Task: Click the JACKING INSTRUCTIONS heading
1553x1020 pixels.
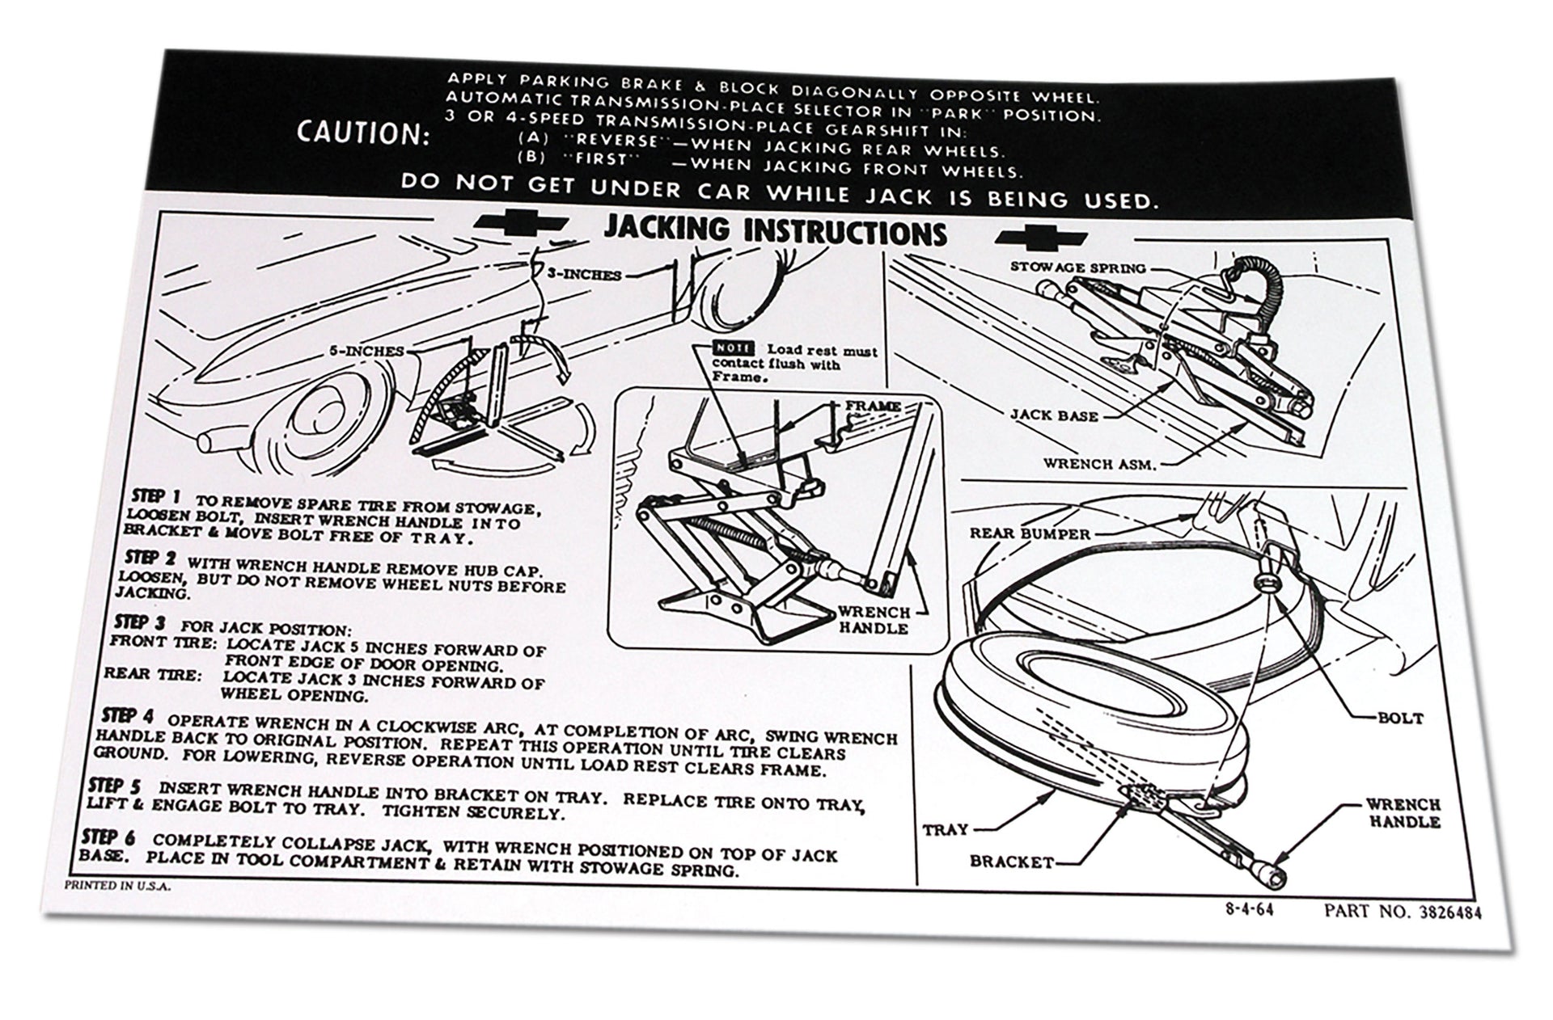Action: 775,232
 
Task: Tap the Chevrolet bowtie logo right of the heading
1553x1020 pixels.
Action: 1036,236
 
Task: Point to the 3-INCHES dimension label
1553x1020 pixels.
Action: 584,275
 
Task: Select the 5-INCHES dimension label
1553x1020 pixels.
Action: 366,351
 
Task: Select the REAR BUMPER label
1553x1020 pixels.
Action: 1030,533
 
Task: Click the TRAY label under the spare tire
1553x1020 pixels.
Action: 945,829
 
